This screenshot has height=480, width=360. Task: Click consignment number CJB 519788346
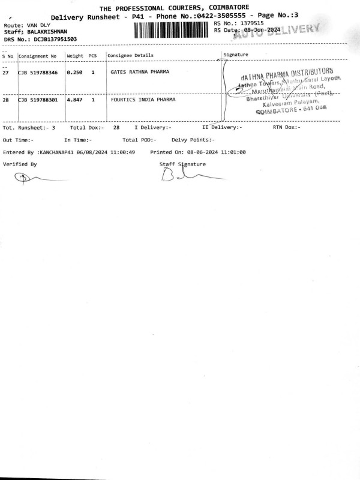click(38, 72)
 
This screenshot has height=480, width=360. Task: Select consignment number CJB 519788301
click(38, 100)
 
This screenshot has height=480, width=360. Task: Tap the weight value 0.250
click(74, 72)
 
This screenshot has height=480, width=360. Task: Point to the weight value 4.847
click(74, 100)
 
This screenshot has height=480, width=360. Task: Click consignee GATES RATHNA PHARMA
click(140, 72)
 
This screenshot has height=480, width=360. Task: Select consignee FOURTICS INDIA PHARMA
click(143, 100)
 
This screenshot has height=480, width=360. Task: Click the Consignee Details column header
click(130, 56)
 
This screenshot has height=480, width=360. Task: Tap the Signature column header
click(236, 55)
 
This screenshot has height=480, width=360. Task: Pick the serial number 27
click(6, 72)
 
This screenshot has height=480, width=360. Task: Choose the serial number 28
click(6, 100)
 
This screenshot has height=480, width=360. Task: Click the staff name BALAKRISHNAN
click(47, 32)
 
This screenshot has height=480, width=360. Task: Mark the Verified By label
click(20, 164)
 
